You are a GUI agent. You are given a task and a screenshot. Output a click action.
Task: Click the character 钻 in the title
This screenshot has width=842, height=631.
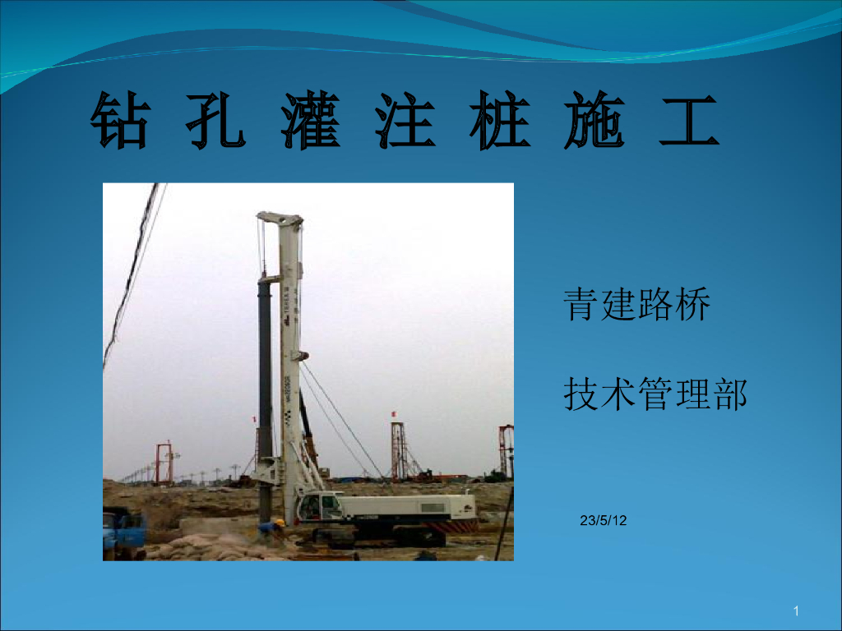click(120, 121)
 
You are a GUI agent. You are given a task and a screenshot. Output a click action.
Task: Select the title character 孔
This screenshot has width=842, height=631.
click(215, 121)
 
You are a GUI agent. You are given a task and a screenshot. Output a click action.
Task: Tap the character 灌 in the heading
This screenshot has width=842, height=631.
click(311, 121)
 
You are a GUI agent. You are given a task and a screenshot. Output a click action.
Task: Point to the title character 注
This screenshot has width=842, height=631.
click(405, 121)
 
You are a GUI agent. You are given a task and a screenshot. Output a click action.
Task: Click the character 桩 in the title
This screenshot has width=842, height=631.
click(500, 121)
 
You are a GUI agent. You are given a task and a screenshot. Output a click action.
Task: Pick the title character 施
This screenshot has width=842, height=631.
click(594, 121)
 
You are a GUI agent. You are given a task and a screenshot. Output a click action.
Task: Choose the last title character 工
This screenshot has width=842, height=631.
click(689, 121)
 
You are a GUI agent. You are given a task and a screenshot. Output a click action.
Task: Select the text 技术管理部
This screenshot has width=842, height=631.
click(655, 394)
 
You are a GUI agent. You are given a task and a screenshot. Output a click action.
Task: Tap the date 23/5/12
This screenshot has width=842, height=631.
click(603, 520)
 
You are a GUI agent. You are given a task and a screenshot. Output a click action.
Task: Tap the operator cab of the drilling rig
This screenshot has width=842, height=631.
click(317, 508)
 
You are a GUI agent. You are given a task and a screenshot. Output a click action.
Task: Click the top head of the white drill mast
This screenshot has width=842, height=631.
click(280, 220)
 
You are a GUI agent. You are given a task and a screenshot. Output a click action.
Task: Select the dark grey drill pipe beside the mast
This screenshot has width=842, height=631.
click(265, 370)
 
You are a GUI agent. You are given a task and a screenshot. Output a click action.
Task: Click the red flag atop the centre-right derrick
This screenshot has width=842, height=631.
click(394, 412)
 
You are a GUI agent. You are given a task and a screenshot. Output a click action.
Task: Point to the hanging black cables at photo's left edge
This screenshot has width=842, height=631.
click(132, 271)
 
